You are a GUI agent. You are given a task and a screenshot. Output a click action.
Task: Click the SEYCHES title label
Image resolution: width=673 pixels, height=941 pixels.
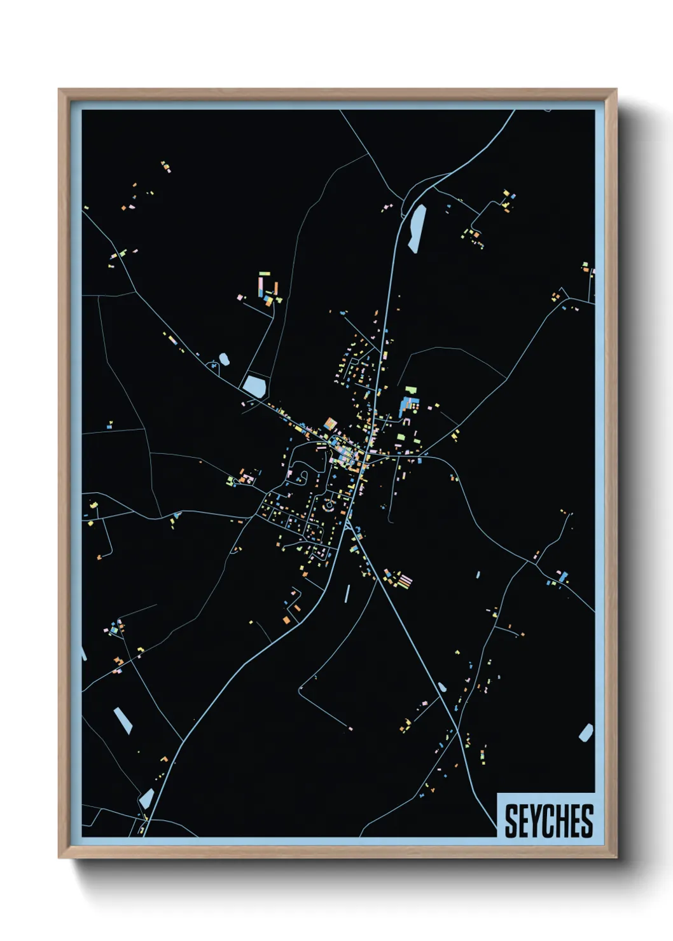(548, 820)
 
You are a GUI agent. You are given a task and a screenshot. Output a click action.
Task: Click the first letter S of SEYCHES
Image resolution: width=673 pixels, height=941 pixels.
(511, 821)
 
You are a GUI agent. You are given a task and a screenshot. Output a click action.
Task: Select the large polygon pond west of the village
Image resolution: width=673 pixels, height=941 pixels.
(254, 385)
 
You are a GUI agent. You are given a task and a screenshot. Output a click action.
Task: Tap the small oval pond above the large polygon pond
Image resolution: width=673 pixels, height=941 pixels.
(223, 359)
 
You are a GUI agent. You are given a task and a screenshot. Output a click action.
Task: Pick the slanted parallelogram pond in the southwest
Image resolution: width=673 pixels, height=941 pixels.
(123, 720)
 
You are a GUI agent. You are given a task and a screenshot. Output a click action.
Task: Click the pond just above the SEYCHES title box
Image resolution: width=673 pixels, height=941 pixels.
(586, 732)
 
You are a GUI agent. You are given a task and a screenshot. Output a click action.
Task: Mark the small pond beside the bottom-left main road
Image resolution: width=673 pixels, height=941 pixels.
(147, 797)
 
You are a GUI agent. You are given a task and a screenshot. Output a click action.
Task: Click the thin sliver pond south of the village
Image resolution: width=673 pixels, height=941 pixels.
(347, 594)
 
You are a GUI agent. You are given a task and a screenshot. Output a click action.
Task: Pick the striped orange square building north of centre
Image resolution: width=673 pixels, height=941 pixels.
(330, 423)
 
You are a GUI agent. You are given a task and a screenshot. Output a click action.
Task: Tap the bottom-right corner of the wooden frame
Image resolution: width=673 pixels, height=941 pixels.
(616, 858)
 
